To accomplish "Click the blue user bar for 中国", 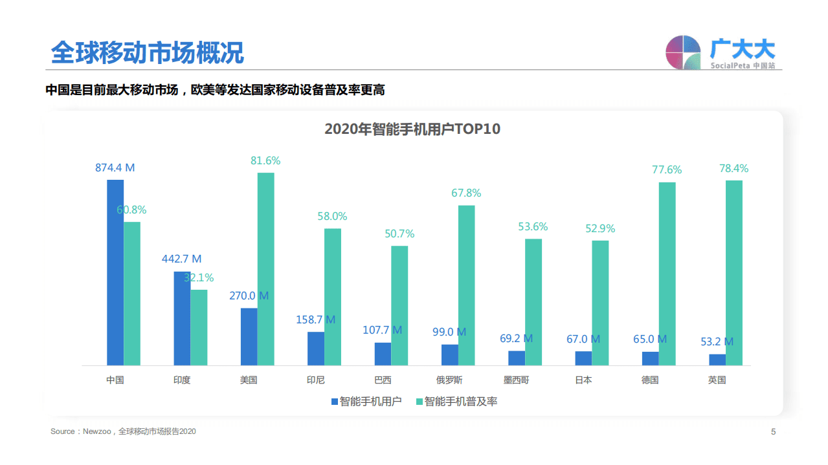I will tap(115, 272).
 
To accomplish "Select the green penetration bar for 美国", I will tap(265, 269).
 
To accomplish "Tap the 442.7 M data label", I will tap(181, 259).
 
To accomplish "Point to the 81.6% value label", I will tap(265, 161).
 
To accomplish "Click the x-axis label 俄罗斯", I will tap(449, 380).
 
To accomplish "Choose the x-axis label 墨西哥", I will tap(516, 380).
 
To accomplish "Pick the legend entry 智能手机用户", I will tap(366, 402).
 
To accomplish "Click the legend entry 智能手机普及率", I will tap(456, 402).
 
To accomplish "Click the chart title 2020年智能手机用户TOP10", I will tap(412, 129).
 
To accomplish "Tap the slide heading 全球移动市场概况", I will tap(147, 53).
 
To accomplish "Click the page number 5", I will tap(773, 432).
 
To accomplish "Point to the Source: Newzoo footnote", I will tap(123, 431).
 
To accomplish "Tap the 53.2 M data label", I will tap(717, 342).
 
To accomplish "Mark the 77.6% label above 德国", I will tap(667, 170).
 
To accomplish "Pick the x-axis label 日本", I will tap(583, 380).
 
